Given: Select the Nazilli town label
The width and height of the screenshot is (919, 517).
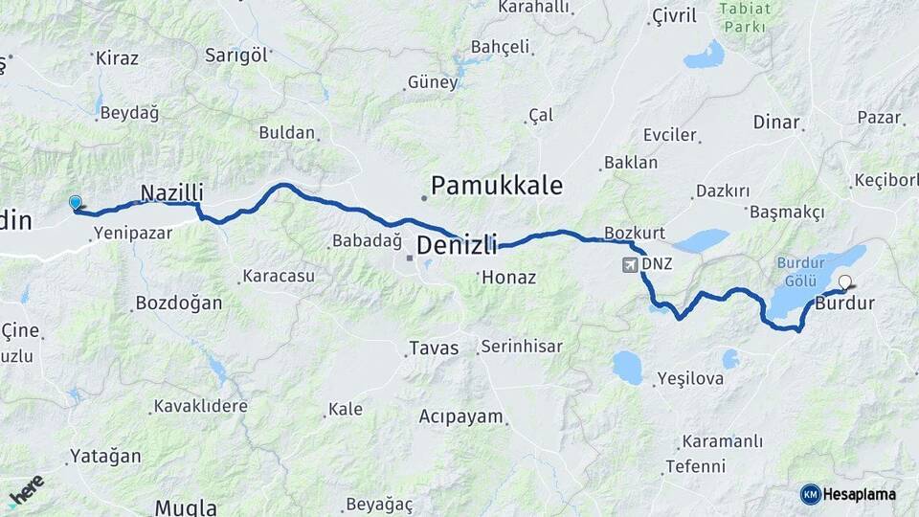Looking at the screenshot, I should tap(172, 192).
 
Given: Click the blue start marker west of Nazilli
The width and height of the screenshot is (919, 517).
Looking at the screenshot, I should tap(76, 202).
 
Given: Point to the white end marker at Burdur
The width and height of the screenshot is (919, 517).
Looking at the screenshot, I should tap(845, 281).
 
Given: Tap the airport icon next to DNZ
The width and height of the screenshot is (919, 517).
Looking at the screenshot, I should tap(630, 263).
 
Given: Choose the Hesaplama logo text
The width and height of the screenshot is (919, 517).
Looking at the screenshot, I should tap(859, 494).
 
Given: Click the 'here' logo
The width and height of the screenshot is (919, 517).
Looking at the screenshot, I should tap(26, 490).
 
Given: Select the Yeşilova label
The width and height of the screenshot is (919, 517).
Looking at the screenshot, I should tap(690, 379).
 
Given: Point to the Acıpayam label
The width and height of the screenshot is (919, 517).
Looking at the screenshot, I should tap(460, 416).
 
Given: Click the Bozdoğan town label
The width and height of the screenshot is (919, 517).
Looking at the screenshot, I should tap(179, 303).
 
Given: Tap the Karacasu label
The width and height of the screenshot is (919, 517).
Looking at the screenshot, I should tap(279, 276).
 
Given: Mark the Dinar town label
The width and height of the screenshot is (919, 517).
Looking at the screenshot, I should tap(776, 122).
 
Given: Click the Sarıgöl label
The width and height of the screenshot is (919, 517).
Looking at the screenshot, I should tap(235, 55).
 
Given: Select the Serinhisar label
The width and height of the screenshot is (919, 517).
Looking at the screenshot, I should tap(522, 347).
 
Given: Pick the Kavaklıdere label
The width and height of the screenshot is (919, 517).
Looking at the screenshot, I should tap(202, 406).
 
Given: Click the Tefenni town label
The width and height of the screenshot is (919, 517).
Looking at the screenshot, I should tap(696, 466).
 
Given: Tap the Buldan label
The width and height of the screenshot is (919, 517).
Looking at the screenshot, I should tap(287, 132).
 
